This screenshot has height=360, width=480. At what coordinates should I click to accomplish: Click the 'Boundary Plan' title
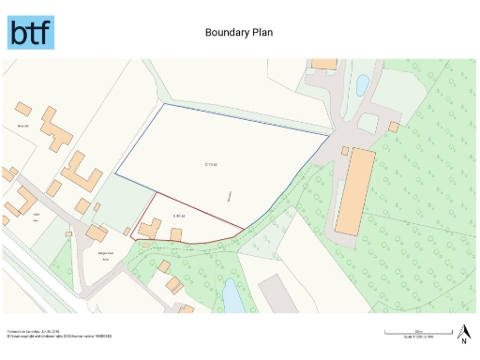(x=239, y=32)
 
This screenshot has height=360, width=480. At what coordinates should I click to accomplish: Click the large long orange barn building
(x=355, y=193)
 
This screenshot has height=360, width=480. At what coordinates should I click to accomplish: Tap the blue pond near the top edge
(x=362, y=86)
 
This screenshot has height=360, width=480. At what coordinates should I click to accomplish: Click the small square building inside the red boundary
(x=175, y=232)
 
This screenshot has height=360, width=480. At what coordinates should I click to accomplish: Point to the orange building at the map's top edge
(x=324, y=64)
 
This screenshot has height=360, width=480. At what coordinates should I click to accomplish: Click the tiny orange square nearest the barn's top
(x=345, y=150)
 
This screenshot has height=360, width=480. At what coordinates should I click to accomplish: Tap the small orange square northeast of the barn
(x=395, y=127)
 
